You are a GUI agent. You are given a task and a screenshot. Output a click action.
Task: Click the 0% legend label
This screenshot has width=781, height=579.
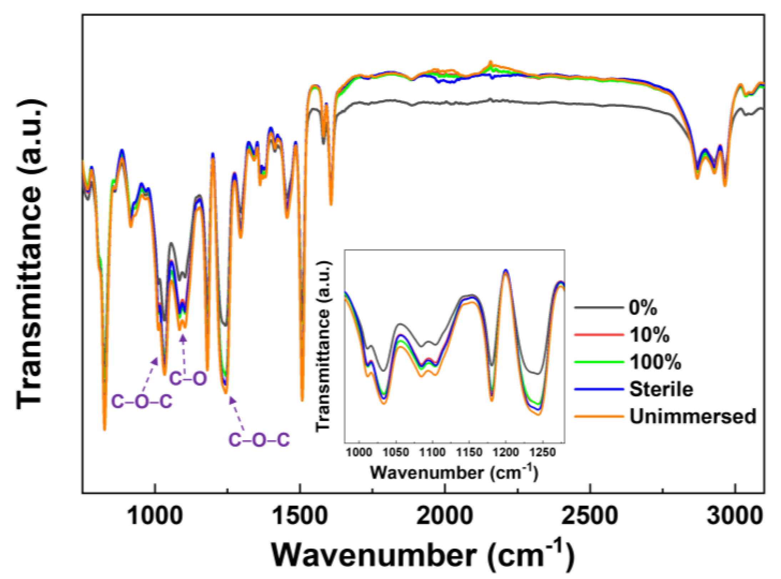[x=643, y=308]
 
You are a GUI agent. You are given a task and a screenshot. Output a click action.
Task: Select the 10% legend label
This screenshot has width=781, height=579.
[x=649, y=335]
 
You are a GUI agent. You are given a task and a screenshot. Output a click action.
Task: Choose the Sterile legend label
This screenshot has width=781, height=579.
[x=661, y=389]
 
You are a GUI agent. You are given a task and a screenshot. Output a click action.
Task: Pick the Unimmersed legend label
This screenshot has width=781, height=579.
[x=692, y=416]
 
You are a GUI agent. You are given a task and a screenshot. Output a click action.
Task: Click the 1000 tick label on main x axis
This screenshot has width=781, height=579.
[x=155, y=516]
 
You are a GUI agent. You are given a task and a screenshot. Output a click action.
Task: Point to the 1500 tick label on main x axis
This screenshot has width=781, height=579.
[x=300, y=516]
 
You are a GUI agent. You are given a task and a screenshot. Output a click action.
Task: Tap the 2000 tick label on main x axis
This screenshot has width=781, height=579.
[x=445, y=516]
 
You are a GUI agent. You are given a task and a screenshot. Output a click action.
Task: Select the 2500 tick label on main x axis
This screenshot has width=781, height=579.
[x=590, y=516]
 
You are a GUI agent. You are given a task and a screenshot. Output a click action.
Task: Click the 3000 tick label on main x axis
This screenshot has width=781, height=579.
[x=735, y=516]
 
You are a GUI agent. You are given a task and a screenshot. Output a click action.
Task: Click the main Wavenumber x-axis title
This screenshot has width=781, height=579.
[x=423, y=556]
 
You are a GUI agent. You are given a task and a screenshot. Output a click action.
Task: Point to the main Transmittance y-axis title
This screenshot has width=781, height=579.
[x=31, y=254]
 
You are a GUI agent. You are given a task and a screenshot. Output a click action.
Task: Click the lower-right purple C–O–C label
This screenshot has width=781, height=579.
[x=259, y=440]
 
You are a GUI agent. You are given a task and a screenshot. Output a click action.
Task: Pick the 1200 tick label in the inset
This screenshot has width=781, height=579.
[x=506, y=453]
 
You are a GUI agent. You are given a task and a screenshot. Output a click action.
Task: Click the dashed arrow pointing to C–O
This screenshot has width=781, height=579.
[x=183, y=354]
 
